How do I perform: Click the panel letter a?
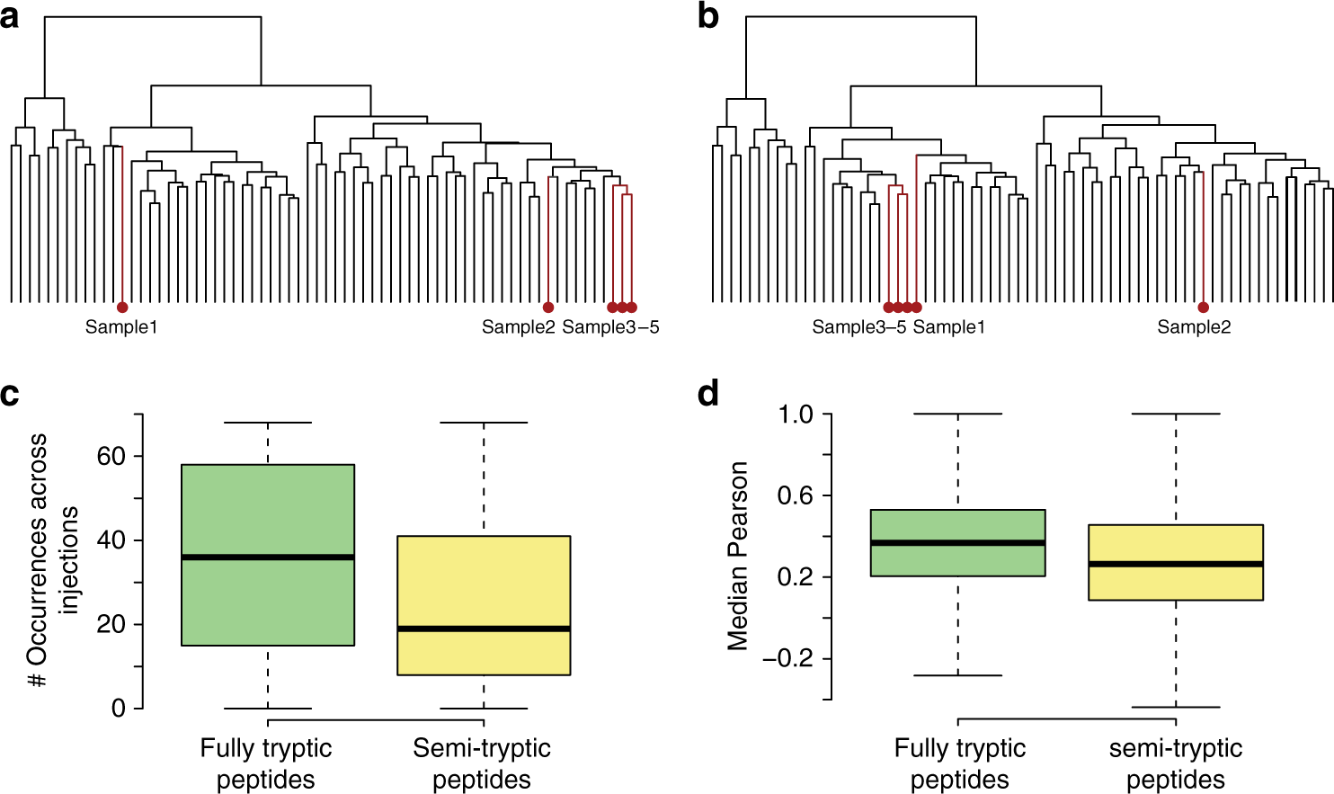pos(10,16)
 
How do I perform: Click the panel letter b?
pos(708,16)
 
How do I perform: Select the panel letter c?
pos(10,395)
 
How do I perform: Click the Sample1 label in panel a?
pos(121,327)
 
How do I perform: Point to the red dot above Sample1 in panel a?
pos(122,308)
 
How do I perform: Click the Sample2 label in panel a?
pos(519,327)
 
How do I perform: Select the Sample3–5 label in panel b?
pos(859,327)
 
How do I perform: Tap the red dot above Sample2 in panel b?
pos(1203,308)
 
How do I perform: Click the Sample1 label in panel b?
pos(949,327)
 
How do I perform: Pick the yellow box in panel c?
pos(484,584)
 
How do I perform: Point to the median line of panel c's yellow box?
pos(484,629)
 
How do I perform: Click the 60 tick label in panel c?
pos(111,457)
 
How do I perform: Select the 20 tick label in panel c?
pos(111,625)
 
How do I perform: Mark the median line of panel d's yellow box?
pos(1176,564)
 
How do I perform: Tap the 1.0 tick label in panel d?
pos(795,415)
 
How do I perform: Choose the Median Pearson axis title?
pos(738,556)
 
